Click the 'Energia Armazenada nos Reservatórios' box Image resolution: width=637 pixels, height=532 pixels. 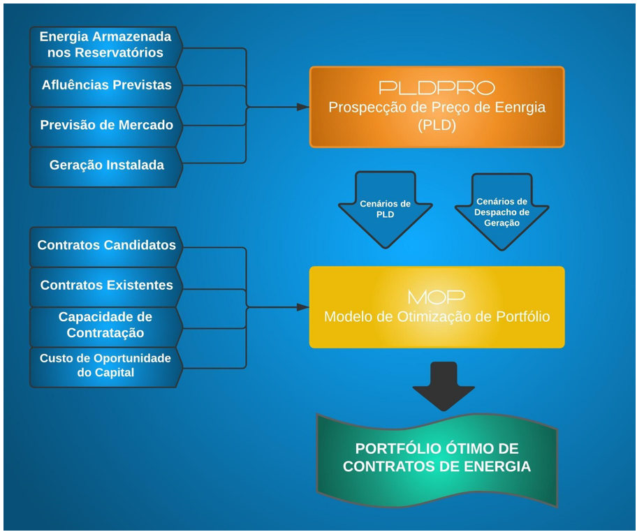pos(105,45)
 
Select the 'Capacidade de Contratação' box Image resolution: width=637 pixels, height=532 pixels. pos(105,325)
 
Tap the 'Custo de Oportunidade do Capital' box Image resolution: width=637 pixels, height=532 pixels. pos(105,365)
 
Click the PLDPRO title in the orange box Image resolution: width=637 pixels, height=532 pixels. pos(437,88)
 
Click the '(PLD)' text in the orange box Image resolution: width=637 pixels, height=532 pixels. pos(437,126)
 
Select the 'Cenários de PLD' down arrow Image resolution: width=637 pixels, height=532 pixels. pos(385,209)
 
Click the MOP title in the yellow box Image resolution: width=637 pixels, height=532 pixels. pos(437,296)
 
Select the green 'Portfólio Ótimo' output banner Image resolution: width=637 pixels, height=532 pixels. pos(437,458)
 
